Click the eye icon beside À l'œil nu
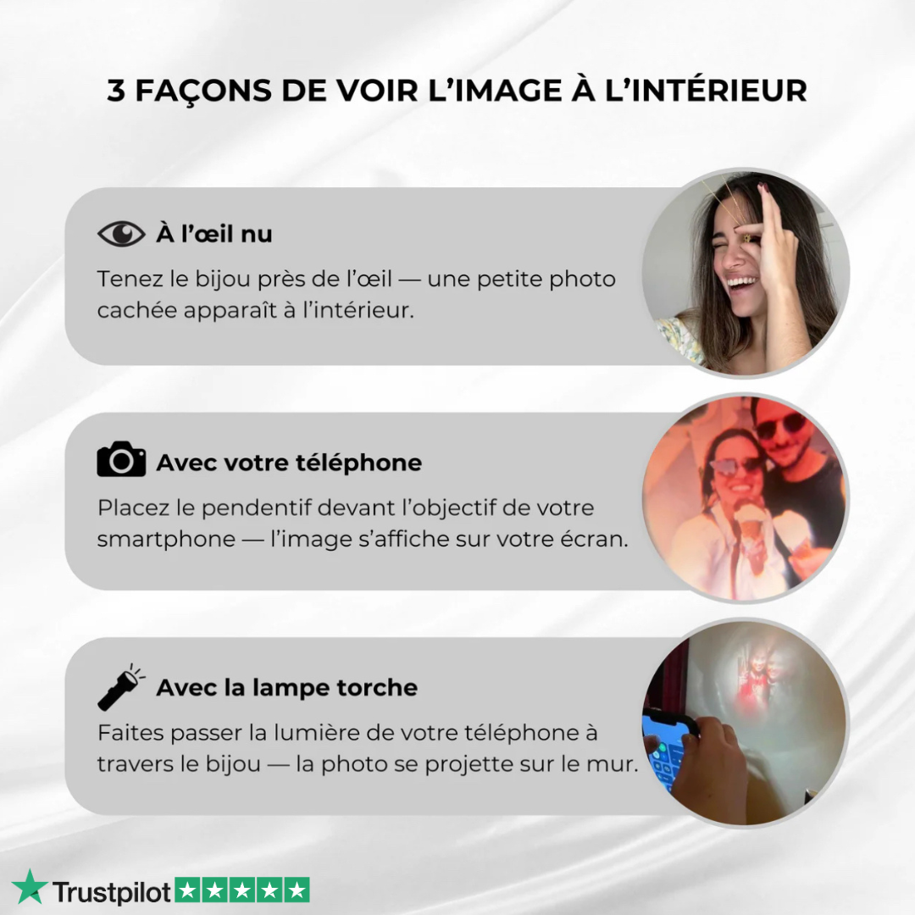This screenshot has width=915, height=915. [121, 234]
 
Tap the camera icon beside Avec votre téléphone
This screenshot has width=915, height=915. [121, 459]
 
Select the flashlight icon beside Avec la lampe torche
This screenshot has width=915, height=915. [121, 687]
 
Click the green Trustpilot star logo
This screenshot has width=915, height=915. [29, 887]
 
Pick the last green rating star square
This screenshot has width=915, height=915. [297, 890]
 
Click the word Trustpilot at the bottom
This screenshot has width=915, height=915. [112, 891]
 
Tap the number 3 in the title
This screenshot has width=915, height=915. [115, 91]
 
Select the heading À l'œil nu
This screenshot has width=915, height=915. [214, 234]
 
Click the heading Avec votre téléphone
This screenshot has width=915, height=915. [289, 463]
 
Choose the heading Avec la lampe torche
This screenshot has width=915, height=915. [287, 687]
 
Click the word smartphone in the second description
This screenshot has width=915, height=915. [166, 539]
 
